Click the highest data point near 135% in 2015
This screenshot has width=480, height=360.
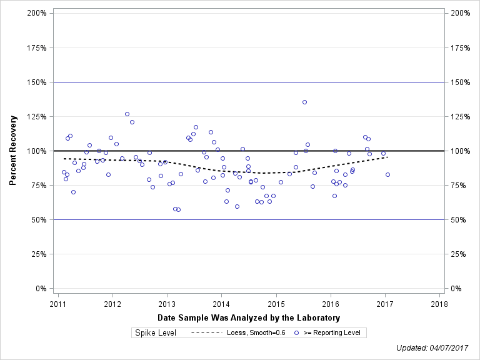tap(304, 102)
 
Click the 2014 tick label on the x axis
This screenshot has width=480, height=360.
tap(221, 304)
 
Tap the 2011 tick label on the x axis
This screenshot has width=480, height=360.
tap(57, 304)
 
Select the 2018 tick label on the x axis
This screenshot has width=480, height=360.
tap(439, 304)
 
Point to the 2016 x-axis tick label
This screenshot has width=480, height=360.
tap(331, 304)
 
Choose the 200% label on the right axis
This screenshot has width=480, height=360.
tap(459, 13)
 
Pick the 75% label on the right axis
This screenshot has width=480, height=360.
tap(457, 185)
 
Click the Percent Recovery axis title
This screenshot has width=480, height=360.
tap(13, 150)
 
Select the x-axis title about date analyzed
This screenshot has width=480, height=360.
tap(249, 318)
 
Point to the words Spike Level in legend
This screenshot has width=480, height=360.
tap(156, 332)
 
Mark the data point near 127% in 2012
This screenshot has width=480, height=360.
tap(127, 114)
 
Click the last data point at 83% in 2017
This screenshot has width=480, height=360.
tap(387, 174)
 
